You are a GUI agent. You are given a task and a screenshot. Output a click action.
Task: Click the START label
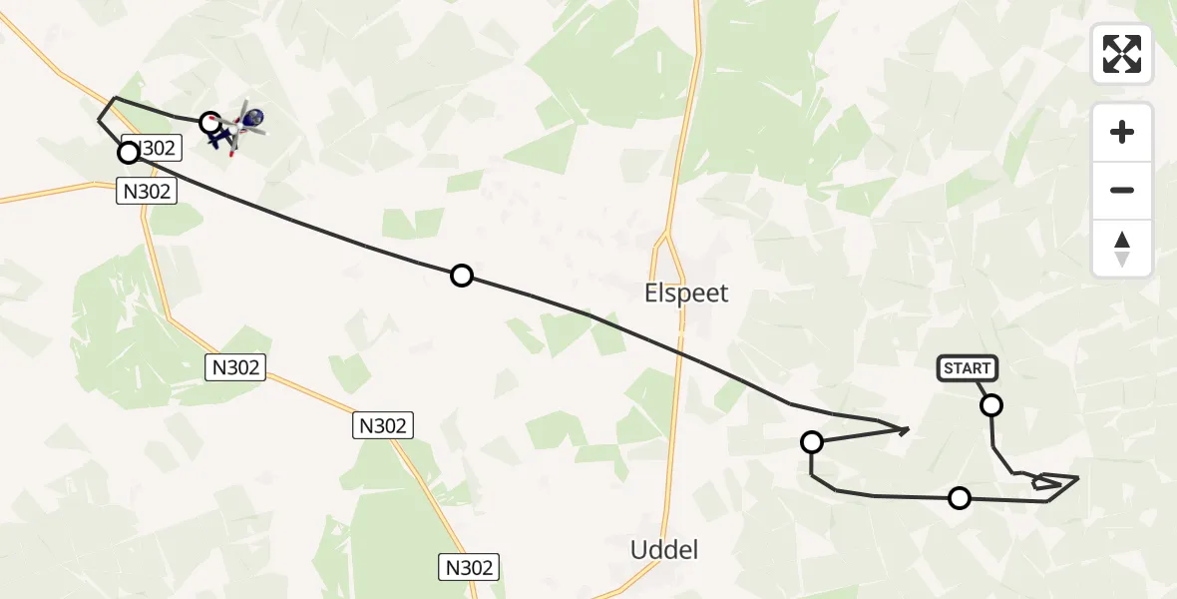click(x=967, y=368)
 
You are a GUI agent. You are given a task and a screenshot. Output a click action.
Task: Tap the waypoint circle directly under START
click(x=991, y=405)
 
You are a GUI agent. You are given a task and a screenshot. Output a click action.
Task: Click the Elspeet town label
click(x=685, y=294)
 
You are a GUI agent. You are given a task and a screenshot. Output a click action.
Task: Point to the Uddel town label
click(x=664, y=549)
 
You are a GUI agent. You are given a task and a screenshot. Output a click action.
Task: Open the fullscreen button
click(x=1122, y=54)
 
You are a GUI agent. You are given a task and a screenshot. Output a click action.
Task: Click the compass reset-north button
click(x=1122, y=249)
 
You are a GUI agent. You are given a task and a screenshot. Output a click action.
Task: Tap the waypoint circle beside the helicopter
click(x=209, y=123)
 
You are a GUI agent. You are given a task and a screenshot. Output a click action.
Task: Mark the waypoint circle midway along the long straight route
click(x=461, y=276)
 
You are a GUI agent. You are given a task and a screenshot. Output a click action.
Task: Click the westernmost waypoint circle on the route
click(x=129, y=153)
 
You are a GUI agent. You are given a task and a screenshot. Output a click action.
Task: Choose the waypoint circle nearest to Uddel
click(x=812, y=441)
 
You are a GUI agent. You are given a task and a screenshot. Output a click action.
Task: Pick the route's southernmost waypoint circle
click(x=959, y=497)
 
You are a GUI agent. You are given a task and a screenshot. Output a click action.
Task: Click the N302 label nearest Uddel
click(x=468, y=568)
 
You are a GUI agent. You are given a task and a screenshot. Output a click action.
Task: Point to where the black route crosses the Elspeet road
click(x=681, y=353)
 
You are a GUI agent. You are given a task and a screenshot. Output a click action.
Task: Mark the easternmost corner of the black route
click(x=1078, y=478)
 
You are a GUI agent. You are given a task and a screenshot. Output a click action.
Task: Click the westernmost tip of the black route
click(x=98, y=120)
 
